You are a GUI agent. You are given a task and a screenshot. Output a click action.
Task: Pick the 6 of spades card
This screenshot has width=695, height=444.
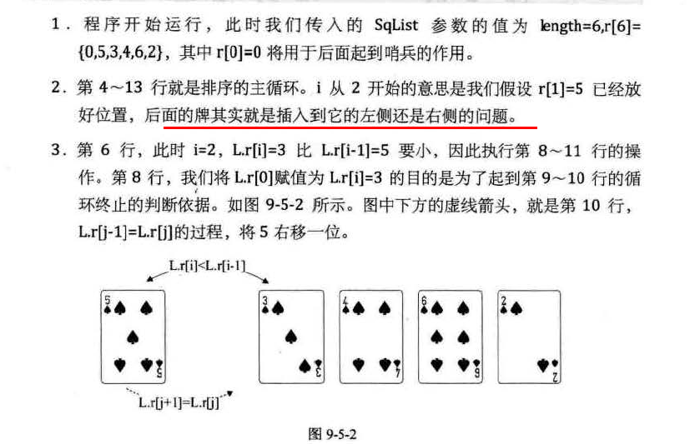click(449, 337)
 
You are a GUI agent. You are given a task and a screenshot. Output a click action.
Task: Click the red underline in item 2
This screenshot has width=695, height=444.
click(350, 127)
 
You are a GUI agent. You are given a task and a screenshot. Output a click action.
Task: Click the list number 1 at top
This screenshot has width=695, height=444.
click(55, 26)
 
